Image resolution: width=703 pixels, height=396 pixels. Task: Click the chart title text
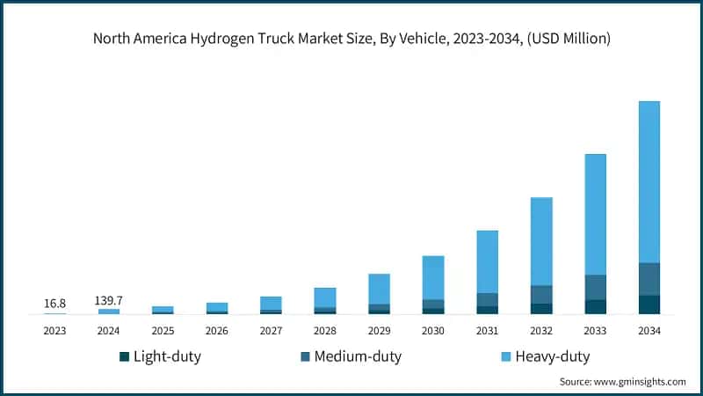click(351, 39)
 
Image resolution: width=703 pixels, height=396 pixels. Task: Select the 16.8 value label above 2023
click(54, 304)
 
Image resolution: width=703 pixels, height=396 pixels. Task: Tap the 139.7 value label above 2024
click(109, 300)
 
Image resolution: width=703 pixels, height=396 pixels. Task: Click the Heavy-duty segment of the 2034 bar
click(649, 181)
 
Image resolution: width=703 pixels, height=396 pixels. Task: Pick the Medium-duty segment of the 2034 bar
click(649, 279)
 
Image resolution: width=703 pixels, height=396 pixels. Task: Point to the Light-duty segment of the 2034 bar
click(649, 304)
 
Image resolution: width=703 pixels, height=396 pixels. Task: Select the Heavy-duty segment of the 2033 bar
click(595, 214)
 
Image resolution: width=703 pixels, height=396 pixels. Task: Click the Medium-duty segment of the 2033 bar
click(595, 287)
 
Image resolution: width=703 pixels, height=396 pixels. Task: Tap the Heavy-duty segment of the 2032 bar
click(541, 241)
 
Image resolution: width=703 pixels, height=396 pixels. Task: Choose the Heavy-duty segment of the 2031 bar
click(487, 261)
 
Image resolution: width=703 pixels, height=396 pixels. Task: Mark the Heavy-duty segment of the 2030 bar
click(433, 277)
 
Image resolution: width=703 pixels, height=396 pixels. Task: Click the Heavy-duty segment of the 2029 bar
click(379, 289)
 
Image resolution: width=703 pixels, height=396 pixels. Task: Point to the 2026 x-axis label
click(217, 331)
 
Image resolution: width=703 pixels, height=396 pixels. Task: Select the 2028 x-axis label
click(325, 331)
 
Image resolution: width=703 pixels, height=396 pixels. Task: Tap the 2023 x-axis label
click(54, 331)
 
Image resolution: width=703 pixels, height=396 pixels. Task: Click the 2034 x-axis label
click(649, 331)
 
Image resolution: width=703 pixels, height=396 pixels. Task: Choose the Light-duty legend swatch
click(124, 356)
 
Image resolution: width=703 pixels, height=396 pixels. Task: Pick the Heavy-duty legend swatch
click(506, 356)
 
